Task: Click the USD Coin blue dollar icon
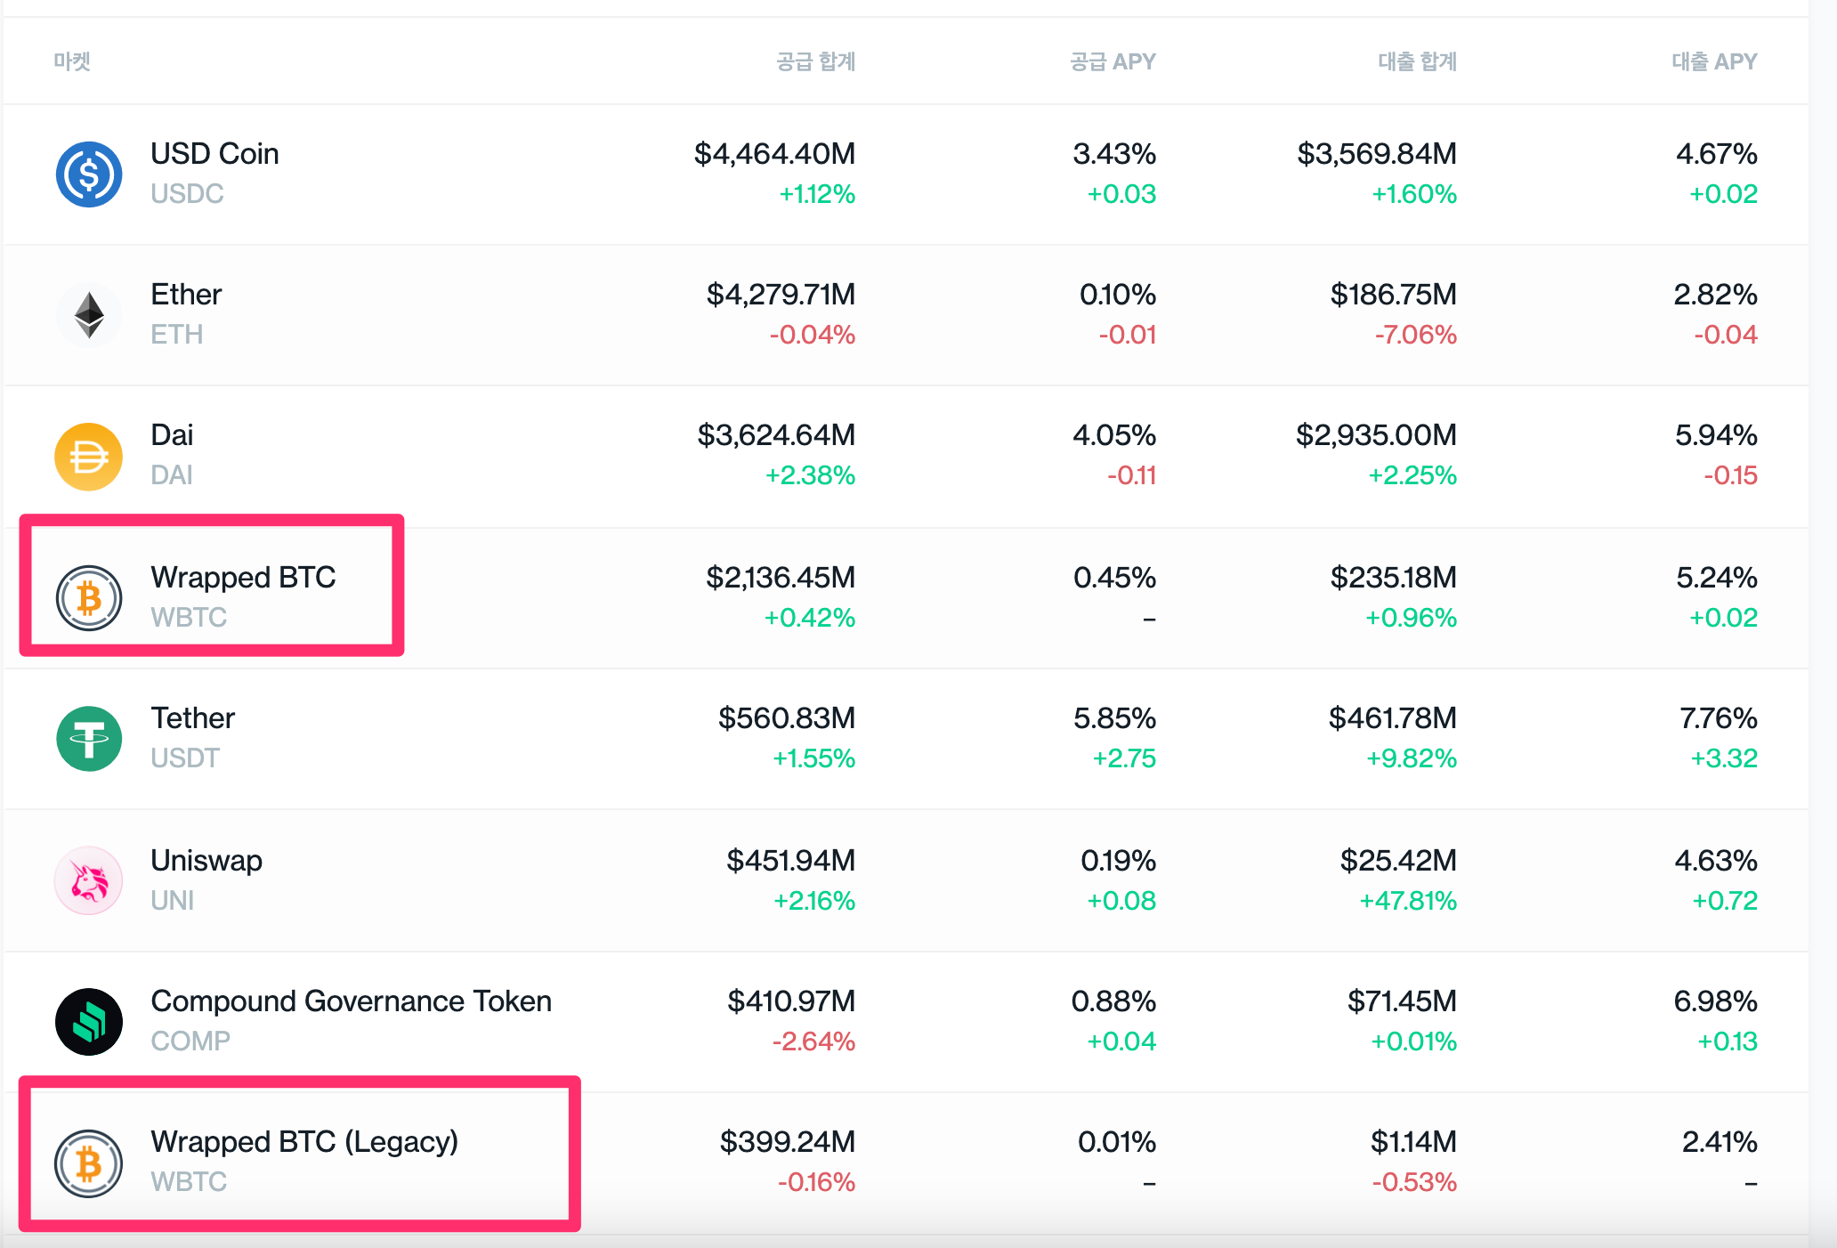[x=89, y=174]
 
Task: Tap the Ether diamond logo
[x=89, y=315]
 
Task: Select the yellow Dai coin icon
[x=89, y=457]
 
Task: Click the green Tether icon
[x=89, y=739]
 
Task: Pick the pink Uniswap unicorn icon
[x=89, y=880]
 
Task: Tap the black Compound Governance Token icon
[x=89, y=1022]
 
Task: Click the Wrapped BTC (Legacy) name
[x=304, y=1142]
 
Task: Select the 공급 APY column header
[x=1113, y=61]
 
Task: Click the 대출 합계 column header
[x=1417, y=61]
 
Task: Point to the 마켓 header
[x=72, y=61]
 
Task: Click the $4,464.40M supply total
[x=774, y=154]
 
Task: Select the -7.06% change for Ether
[x=1415, y=335]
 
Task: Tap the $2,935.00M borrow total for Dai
[x=1376, y=435]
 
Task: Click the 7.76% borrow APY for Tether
[x=1718, y=718]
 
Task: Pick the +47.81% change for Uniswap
[x=1408, y=901]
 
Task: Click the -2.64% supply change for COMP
[x=813, y=1041]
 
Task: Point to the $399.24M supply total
[x=788, y=1142]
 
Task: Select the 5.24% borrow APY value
[x=1717, y=578]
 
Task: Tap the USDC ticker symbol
[x=187, y=194]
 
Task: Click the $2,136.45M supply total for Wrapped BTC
[x=781, y=578]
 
